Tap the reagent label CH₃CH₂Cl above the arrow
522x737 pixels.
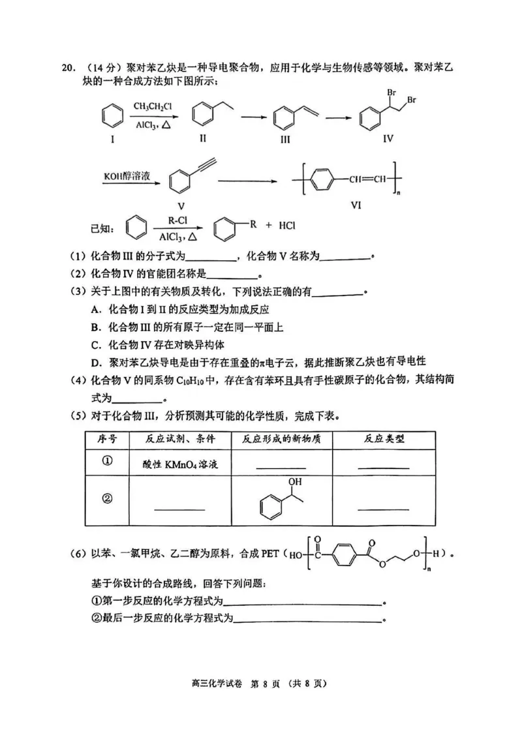coord(153,106)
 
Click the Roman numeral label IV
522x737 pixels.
coord(388,139)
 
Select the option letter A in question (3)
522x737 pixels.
coord(95,309)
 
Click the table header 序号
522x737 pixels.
coord(106,439)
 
